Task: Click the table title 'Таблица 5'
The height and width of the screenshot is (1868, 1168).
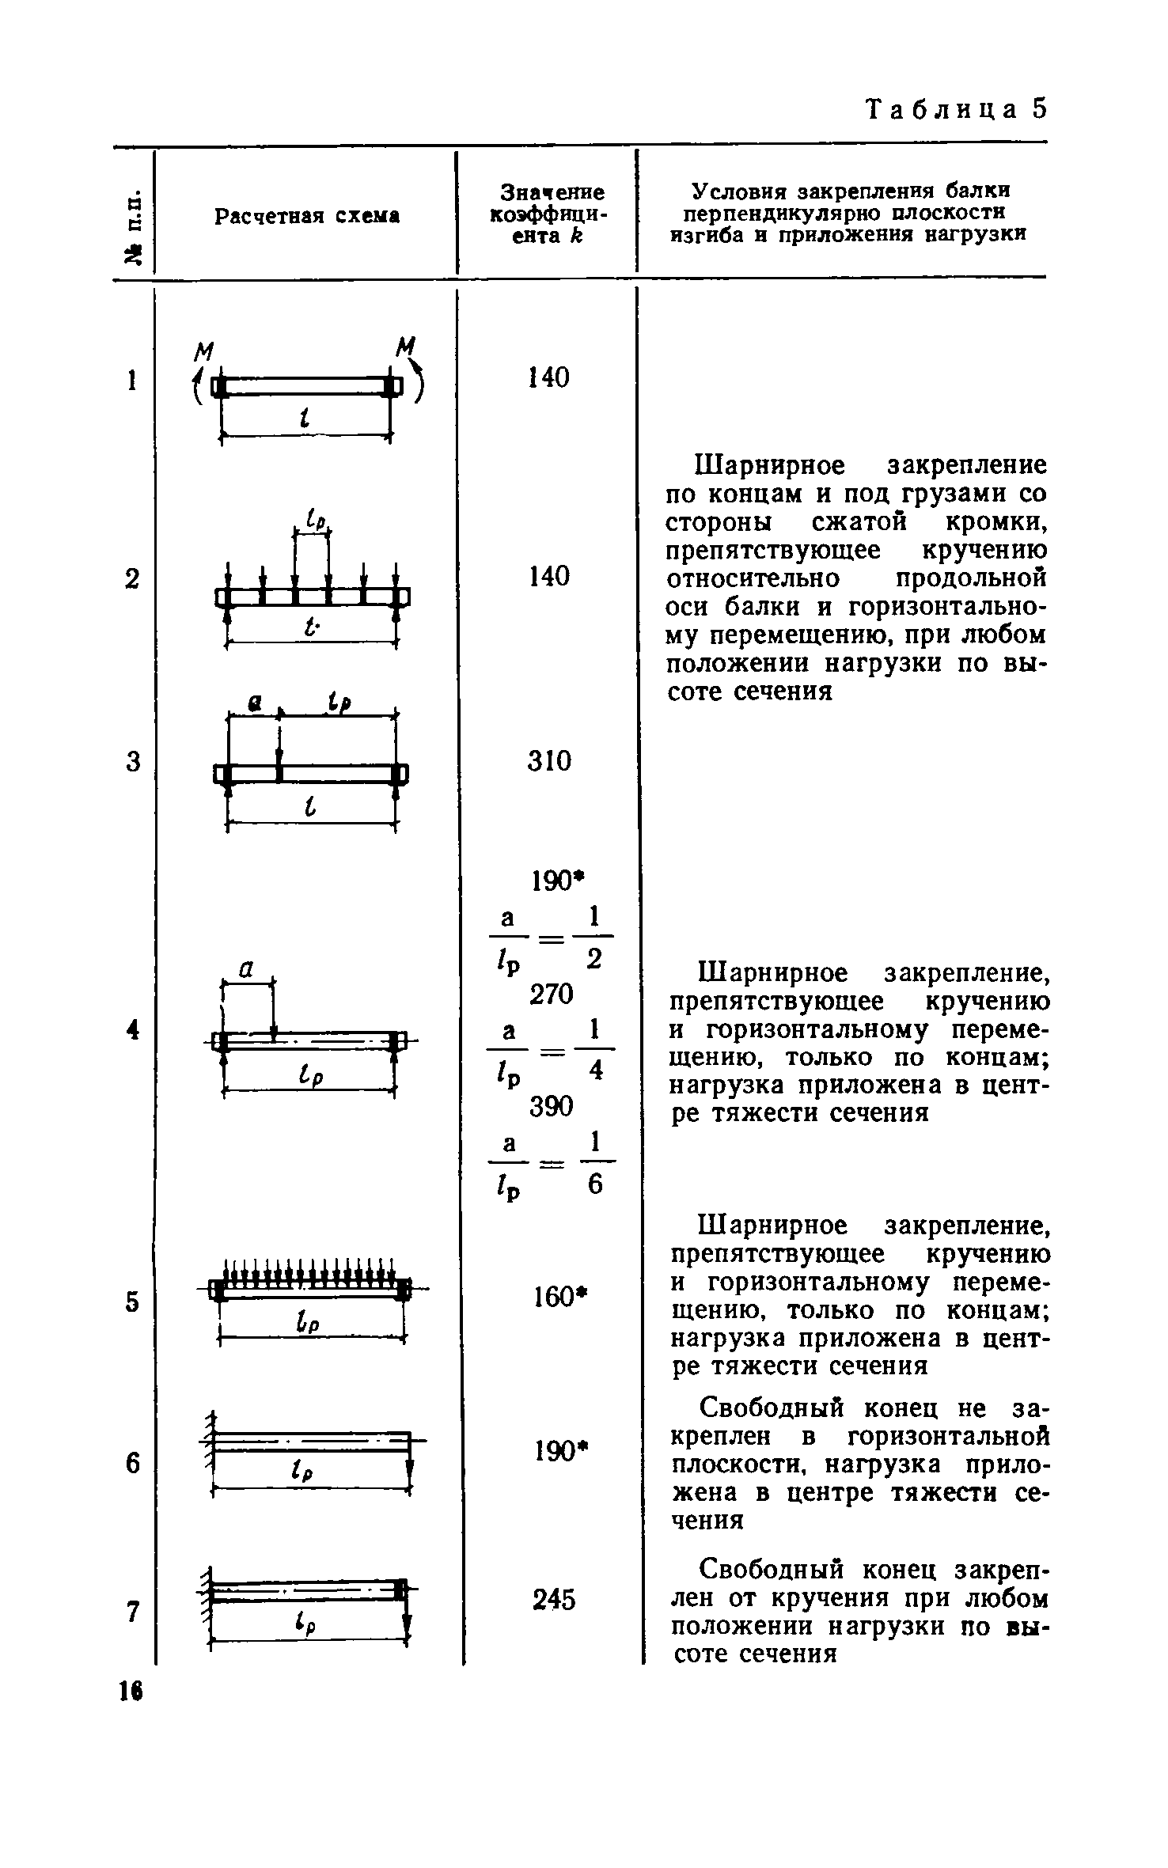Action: (956, 109)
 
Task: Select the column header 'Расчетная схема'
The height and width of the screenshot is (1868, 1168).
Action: (307, 216)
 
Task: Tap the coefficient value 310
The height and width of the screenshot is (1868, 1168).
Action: (549, 761)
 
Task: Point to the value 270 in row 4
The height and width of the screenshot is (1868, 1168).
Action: (552, 994)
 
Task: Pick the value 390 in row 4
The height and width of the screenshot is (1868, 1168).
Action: (552, 1106)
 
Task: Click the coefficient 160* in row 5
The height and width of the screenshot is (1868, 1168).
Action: (555, 1297)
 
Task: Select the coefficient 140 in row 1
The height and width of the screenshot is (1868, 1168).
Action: (549, 378)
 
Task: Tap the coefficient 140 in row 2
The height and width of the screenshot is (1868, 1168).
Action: (549, 576)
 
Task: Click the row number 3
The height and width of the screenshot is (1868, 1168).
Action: (132, 762)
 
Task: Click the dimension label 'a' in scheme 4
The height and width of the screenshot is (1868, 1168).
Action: (246, 968)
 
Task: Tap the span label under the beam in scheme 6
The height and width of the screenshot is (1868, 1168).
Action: (300, 1471)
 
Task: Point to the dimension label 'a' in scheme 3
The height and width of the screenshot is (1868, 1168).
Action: (255, 703)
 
